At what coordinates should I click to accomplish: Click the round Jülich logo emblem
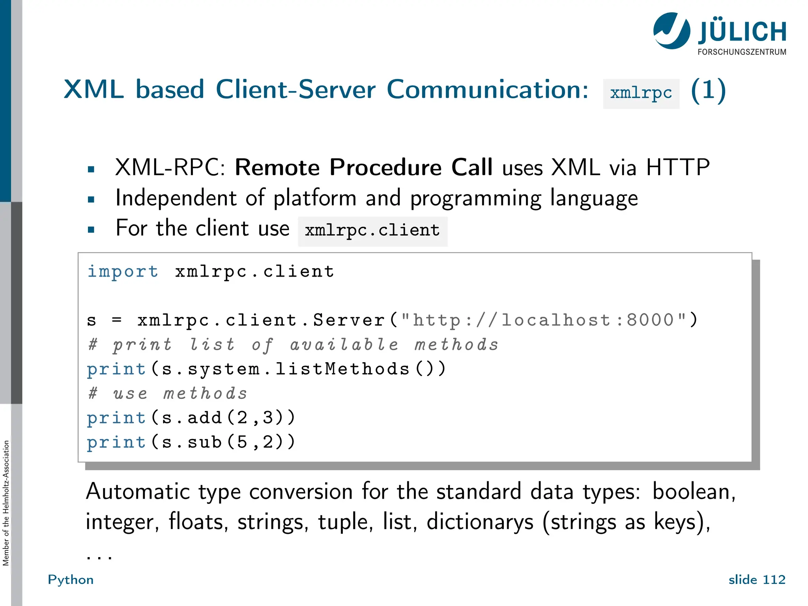coord(671,31)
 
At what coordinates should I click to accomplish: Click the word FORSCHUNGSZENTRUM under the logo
coord(742,52)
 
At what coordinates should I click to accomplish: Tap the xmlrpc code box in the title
coord(641,94)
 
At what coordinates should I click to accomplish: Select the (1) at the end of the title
coord(708,90)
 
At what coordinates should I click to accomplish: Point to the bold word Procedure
coord(385,167)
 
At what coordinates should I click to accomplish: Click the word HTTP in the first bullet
coord(678,167)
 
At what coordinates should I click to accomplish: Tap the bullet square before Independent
coord(91,199)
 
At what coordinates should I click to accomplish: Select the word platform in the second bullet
coord(315,198)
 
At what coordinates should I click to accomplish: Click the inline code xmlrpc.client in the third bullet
coord(372,230)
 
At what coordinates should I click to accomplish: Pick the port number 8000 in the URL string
coord(650,320)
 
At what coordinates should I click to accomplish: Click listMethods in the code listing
coord(342,369)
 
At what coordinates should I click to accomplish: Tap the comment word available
coord(344,345)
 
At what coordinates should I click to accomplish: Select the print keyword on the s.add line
coord(116,418)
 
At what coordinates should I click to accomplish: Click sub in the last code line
coord(204,442)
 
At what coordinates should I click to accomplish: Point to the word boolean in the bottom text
coord(694,492)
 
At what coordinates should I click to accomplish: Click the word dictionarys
coord(480,522)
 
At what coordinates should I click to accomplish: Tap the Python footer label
coord(71,580)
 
